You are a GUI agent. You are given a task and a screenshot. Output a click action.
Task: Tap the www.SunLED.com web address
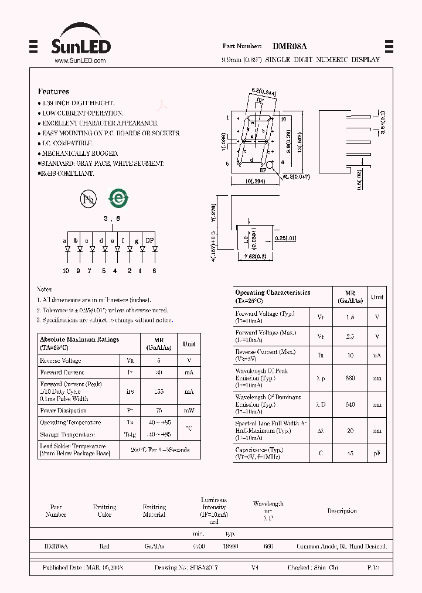[80, 60]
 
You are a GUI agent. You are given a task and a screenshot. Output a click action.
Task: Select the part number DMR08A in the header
[290, 46]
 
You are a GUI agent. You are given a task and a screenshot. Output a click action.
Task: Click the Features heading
[53, 91]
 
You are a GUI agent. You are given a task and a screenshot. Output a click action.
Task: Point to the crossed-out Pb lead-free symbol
[88, 199]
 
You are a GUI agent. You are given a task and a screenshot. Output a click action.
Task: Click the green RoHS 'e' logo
[119, 198]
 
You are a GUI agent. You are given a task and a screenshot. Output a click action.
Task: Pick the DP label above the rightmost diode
[150, 240]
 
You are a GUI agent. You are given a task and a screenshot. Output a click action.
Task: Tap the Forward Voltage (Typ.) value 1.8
[350, 317]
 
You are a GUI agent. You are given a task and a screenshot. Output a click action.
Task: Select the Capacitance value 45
[350, 453]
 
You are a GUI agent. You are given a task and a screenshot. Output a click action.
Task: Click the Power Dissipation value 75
[159, 411]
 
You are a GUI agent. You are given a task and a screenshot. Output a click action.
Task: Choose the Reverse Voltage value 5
[159, 360]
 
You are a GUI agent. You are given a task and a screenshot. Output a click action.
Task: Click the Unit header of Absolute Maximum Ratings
[189, 344]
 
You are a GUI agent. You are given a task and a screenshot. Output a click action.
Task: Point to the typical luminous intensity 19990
[232, 546]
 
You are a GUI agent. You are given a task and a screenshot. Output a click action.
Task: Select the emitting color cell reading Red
[104, 546]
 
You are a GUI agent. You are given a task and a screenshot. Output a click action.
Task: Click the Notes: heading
[45, 289]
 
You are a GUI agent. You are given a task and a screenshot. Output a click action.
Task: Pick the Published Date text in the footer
[83, 568]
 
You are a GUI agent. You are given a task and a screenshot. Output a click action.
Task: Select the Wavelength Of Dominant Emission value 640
[350, 404]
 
